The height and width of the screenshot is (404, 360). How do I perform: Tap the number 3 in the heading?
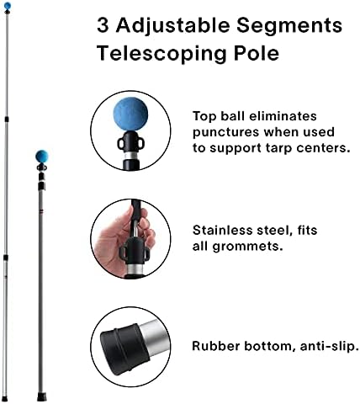click(103, 25)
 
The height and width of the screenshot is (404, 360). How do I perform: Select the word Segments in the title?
click(289, 25)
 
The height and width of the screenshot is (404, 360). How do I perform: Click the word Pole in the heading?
click(257, 52)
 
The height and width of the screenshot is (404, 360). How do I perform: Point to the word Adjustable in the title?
click(173, 25)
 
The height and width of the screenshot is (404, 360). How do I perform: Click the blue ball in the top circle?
click(130, 114)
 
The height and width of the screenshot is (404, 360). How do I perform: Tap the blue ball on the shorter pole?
click(42, 157)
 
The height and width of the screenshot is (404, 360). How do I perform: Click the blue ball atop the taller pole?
click(8, 5)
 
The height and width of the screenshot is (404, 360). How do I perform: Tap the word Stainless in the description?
click(223, 231)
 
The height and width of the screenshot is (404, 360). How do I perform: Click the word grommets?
click(247, 247)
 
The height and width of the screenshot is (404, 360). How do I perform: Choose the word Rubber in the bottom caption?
click(215, 346)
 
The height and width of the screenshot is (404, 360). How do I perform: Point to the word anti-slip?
click(330, 346)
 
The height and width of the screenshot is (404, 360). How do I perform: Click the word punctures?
click(225, 132)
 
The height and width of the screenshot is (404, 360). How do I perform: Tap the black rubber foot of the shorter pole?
click(40, 397)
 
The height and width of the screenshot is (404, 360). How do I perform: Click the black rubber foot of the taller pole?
click(4, 399)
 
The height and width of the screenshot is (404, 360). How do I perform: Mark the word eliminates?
click(283, 116)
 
